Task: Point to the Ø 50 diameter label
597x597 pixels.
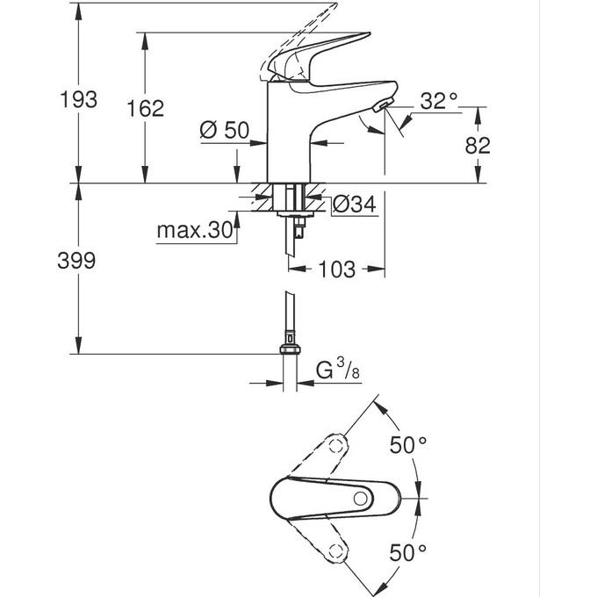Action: pyautogui.click(x=225, y=130)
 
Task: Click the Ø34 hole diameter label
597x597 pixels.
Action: pyautogui.click(x=355, y=205)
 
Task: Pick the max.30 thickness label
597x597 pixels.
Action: pyautogui.click(x=196, y=231)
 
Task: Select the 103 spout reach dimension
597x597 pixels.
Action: pyautogui.click(x=337, y=270)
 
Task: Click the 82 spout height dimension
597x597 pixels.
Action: pyautogui.click(x=477, y=146)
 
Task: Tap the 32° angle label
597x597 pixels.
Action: pyautogui.click(x=439, y=101)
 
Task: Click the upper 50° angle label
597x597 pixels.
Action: pyautogui.click(x=408, y=445)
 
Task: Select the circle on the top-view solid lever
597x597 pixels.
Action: pyautogui.click(x=360, y=499)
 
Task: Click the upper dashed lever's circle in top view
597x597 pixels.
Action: pyautogui.click(x=335, y=447)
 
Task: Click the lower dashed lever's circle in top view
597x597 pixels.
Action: pyautogui.click(x=334, y=550)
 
